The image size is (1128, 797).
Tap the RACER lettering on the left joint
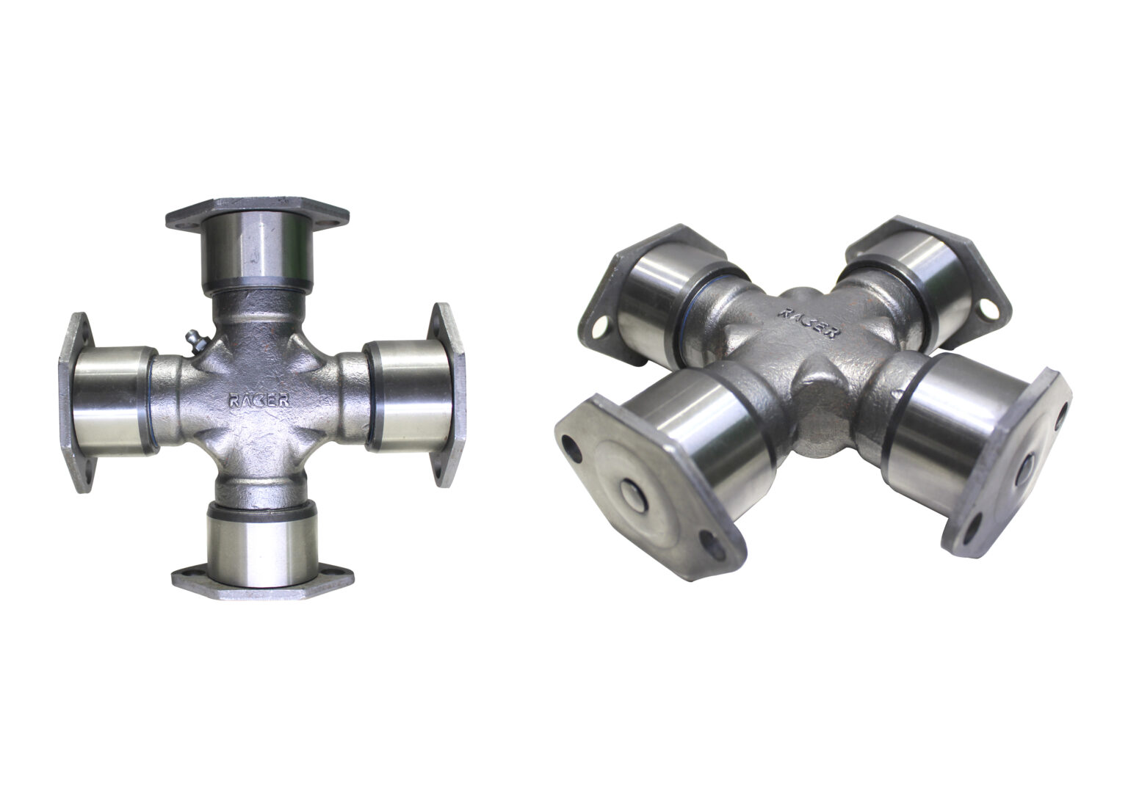pyautogui.click(x=258, y=401)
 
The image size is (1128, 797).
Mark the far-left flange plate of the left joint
pyautogui.click(x=76, y=402)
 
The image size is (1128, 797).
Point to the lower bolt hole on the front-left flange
pyautogui.click(x=709, y=542)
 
